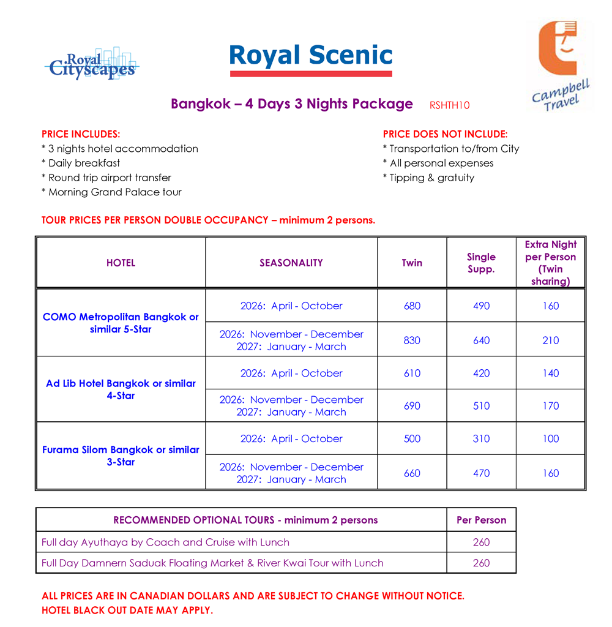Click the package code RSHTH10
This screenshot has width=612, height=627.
449,105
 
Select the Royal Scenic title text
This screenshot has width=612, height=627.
310,56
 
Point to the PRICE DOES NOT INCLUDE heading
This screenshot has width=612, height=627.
445,134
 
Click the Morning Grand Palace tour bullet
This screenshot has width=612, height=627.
111,192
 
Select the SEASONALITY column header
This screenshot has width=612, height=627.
291,263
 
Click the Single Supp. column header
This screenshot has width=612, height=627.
481,263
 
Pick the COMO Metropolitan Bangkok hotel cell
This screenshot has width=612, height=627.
121,323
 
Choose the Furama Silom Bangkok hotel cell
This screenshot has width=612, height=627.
121,456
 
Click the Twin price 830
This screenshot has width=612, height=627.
412,340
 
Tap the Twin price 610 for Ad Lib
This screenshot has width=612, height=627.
412,373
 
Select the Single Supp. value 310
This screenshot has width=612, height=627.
481,438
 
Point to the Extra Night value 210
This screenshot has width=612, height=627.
550,340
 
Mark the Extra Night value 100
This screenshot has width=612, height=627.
550,438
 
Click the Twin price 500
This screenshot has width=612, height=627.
412,438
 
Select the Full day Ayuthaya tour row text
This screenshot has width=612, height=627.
165,542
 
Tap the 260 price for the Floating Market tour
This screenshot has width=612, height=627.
481,563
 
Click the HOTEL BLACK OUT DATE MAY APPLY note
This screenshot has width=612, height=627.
127,610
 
